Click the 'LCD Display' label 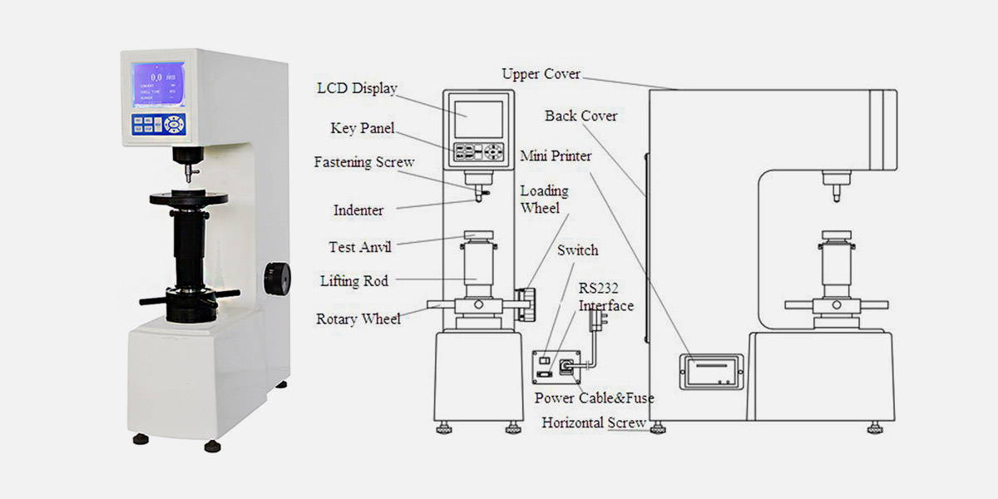[358, 88]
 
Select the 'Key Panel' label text [355, 129]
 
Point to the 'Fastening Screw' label [363, 162]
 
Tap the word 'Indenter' [358, 210]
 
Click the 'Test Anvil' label [359, 247]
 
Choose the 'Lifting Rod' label [353, 281]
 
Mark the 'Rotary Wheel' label [358, 319]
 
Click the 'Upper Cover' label [541, 74]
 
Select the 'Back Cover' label [581, 116]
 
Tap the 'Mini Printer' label [556, 156]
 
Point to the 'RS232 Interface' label [605, 298]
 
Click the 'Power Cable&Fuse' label [594, 398]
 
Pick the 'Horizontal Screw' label [594, 422]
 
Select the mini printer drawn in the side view [708, 371]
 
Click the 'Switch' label [577, 250]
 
